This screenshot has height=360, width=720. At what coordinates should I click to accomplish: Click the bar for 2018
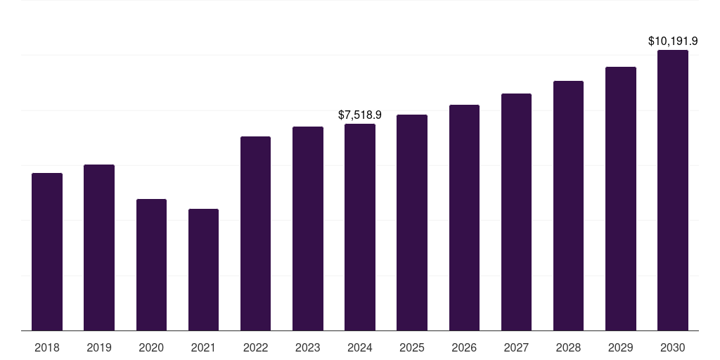(47, 252)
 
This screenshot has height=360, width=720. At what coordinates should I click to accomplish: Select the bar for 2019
(99, 247)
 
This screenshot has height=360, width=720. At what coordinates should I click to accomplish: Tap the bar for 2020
(151, 265)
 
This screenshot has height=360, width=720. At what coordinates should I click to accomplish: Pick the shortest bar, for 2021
(203, 270)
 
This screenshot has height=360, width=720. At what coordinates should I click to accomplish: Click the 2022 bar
(255, 233)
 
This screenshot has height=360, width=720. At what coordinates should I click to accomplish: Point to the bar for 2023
(308, 229)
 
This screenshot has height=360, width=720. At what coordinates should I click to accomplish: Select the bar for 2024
(360, 227)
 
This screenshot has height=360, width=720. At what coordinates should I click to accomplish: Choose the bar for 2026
(464, 218)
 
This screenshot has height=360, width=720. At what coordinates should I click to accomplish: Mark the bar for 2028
(568, 206)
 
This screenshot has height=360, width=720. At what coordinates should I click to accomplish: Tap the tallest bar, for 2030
(673, 191)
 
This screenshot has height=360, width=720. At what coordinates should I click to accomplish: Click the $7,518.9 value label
(360, 115)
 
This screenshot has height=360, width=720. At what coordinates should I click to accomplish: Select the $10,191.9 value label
(673, 41)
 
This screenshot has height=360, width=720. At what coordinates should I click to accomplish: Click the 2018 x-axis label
(47, 347)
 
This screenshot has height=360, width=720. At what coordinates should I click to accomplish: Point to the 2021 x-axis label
(203, 347)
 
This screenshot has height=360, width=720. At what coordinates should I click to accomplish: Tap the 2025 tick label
(412, 347)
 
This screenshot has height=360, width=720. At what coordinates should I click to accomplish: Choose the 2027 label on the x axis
(516, 347)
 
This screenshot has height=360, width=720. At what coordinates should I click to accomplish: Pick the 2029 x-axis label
(620, 347)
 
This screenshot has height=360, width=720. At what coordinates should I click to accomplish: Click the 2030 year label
(673, 347)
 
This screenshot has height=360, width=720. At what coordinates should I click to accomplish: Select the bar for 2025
(412, 222)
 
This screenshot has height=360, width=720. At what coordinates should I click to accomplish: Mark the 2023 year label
(308, 347)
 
